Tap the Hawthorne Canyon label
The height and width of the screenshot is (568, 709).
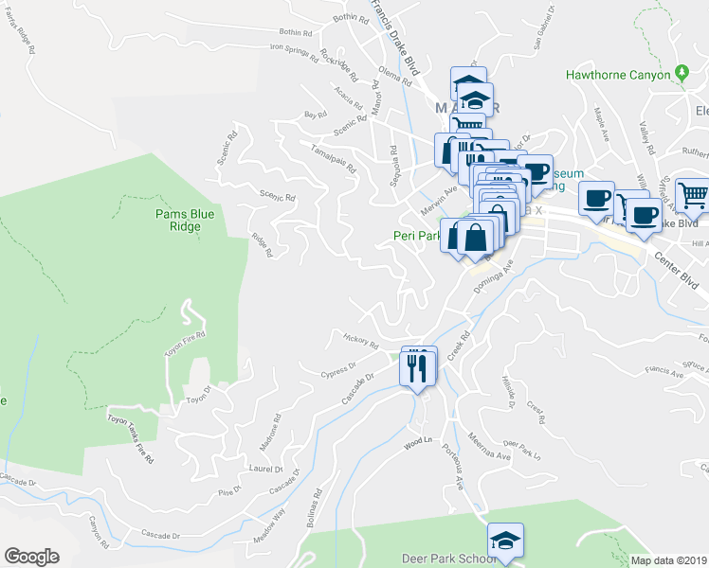click(617, 75)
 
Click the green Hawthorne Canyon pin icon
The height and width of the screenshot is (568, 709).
click(681, 74)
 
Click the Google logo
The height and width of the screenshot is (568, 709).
click(31, 557)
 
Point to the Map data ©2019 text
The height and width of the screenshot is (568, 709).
click(669, 560)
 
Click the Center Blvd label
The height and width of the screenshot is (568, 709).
click(672, 256)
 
